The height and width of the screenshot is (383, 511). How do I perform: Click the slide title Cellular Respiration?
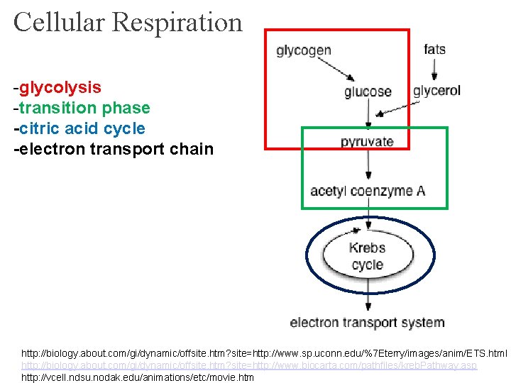click(x=128, y=22)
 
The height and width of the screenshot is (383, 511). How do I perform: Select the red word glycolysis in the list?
click(x=60, y=88)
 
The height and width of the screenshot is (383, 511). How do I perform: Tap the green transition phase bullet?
click(x=84, y=109)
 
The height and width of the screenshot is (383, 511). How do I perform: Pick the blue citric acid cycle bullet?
click(x=82, y=129)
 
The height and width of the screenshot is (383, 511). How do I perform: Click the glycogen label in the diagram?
click(x=303, y=50)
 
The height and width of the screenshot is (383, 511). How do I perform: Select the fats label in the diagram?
click(x=434, y=49)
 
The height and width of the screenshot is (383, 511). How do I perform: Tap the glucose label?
click(x=367, y=91)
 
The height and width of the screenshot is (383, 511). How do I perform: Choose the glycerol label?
click(x=436, y=91)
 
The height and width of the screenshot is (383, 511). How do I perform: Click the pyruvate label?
click(x=367, y=141)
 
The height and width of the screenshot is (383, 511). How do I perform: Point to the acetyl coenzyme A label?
click(x=367, y=191)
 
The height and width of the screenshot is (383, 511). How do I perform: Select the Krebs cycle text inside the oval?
click(x=367, y=256)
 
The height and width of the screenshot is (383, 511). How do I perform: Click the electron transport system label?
click(x=367, y=322)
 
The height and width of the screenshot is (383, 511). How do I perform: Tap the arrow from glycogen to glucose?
click(x=338, y=68)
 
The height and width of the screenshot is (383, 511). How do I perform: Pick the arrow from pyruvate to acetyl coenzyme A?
click(x=367, y=165)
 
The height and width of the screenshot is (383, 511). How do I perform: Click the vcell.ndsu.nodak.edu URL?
click(x=138, y=377)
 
